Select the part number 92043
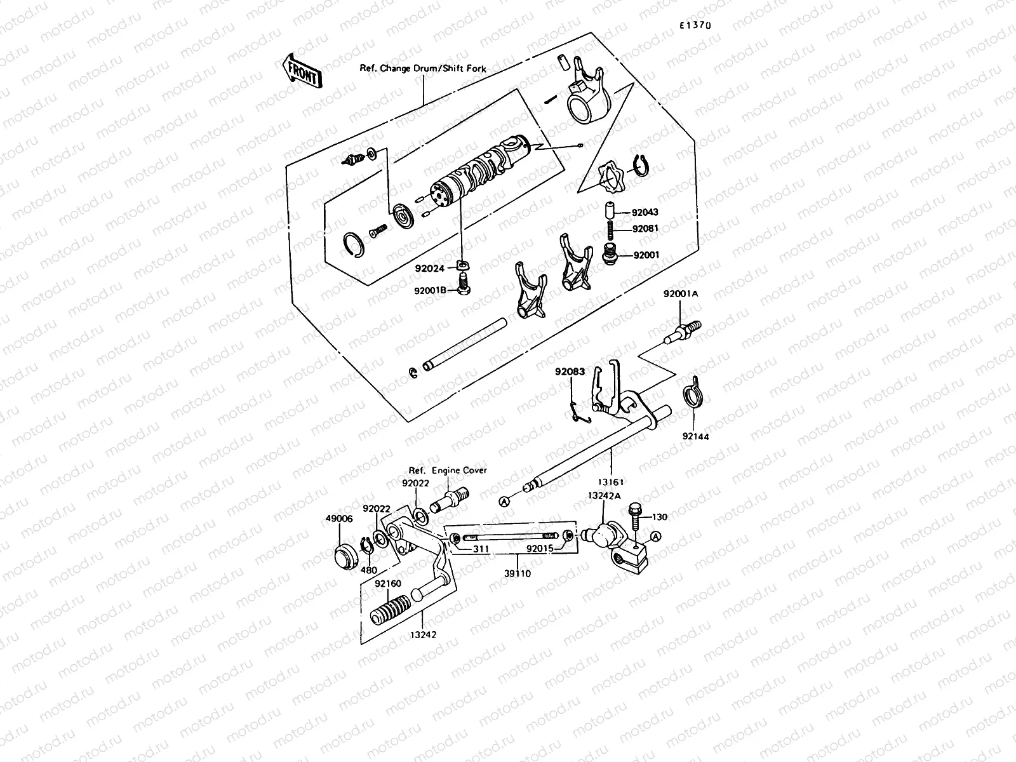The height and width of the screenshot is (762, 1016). [646, 213]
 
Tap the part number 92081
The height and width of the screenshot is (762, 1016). [646, 229]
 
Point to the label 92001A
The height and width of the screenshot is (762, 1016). [681, 294]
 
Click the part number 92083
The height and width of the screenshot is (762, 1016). [570, 372]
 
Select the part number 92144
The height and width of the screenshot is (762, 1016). [696, 436]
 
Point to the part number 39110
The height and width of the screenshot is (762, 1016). [518, 573]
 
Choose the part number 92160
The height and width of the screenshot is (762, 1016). [387, 583]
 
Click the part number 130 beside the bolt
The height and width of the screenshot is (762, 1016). [660, 518]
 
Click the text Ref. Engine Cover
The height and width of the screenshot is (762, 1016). [448, 471]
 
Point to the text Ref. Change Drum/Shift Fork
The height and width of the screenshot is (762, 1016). [423, 68]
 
